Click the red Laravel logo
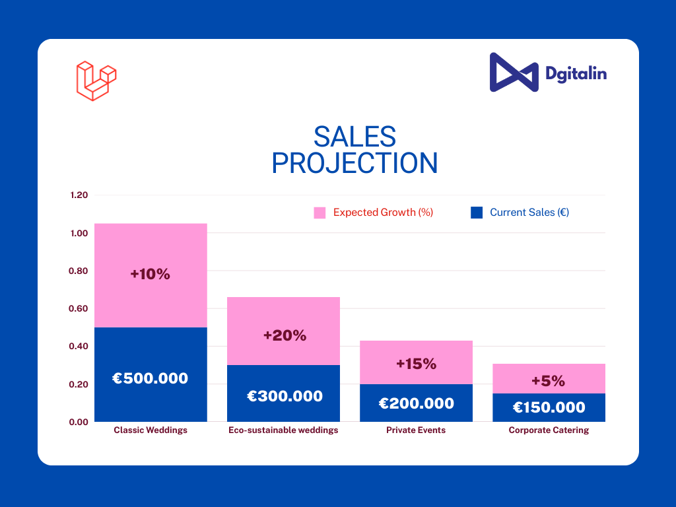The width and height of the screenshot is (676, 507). pos(96,81)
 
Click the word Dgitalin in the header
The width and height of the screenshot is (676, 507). pos(576,73)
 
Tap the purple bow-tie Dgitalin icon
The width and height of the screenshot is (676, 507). pos(514,73)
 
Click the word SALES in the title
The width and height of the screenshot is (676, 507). pos(355,137)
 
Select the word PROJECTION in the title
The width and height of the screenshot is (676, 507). pos(355,163)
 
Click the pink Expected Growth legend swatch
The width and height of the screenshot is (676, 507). pos(320,213)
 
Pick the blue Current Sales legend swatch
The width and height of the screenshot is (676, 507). pos(476,213)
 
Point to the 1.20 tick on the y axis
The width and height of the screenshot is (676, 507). pos(79,195)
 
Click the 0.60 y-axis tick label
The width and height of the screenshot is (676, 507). pos(79,308)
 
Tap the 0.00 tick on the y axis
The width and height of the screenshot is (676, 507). pos(79,422)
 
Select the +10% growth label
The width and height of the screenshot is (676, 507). pos(150,274)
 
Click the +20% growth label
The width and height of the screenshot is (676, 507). pos(285,335)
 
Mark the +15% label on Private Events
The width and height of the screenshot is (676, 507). pos(416,364)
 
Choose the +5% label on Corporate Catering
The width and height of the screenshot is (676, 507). pos(548,381)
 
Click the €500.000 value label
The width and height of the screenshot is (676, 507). pos(150,378)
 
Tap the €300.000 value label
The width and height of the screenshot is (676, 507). pos(285,396)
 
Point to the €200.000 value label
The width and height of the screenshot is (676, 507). pos(416,403)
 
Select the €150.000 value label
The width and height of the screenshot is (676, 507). pos(549,407)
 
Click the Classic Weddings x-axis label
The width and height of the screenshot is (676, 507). pos(151,430)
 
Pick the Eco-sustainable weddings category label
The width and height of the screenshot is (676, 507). pos(283,430)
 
